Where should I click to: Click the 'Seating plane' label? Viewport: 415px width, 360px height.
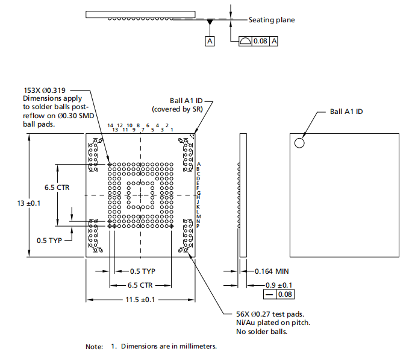272,20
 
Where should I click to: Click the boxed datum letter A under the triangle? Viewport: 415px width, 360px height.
210,41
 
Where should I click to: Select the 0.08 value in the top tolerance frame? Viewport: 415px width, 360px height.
260,41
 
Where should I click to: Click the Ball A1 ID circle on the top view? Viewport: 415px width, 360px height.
299,143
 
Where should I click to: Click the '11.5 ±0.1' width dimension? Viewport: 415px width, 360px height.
140,299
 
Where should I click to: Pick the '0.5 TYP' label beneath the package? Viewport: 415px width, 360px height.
143,271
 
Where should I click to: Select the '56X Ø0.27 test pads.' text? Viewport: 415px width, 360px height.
270,314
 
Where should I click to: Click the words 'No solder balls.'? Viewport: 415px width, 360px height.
261,331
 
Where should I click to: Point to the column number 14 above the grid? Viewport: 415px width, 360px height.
110,125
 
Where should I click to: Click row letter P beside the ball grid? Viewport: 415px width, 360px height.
198,225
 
